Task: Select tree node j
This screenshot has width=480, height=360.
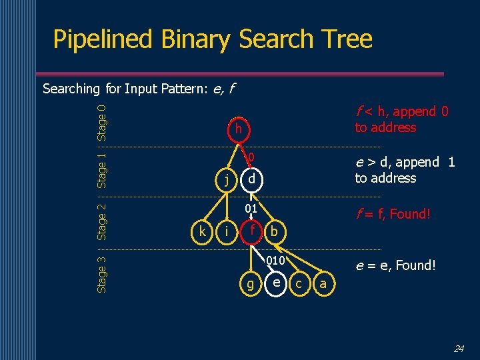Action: (227, 179)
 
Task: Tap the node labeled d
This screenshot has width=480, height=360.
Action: (251, 179)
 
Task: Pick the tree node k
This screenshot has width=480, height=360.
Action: (202, 231)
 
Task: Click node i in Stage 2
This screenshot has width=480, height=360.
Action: (227, 231)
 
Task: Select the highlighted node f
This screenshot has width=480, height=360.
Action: (251, 231)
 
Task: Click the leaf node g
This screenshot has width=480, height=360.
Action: (251, 283)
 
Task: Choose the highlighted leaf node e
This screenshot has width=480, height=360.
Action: (275, 282)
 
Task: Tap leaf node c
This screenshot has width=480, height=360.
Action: (299, 283)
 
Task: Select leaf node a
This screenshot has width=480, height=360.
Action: (323, 283)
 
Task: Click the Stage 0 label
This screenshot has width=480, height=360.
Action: (102, 122)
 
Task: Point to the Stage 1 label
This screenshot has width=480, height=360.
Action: (102, 170)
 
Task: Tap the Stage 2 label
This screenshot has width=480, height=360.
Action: (102, 221)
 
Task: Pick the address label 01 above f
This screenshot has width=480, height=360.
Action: (251, 209)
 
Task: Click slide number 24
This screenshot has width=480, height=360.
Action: (459, 348)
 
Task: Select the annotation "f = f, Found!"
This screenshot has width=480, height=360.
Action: (393, 214)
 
